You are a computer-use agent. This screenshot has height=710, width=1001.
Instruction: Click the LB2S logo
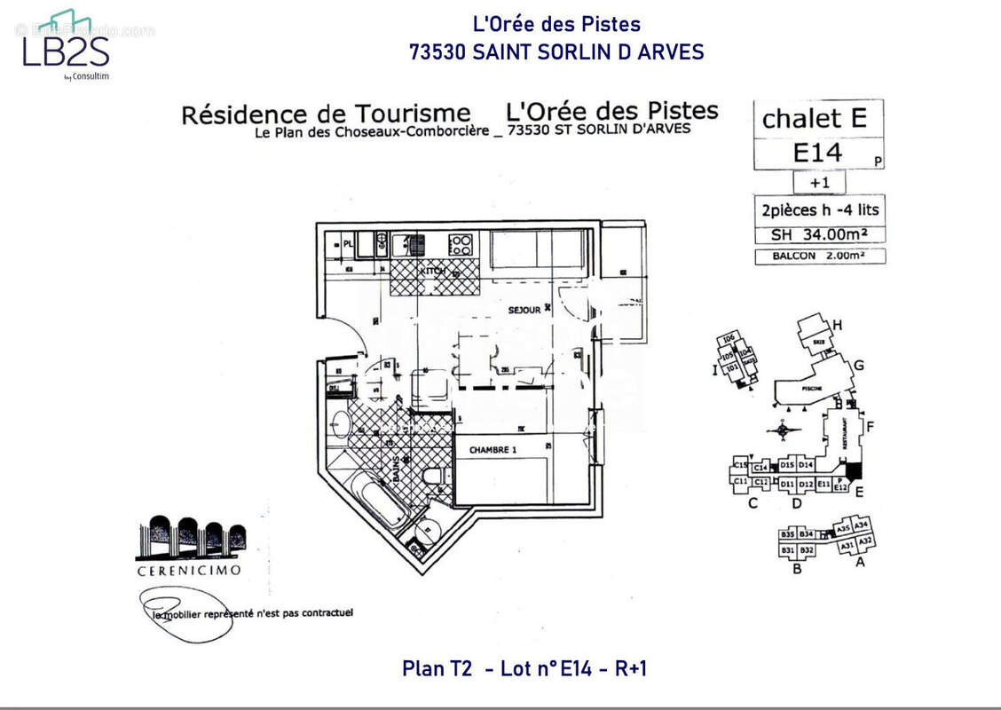[67, 46]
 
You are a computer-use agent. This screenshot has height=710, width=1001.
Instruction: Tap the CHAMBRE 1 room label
[493, 449]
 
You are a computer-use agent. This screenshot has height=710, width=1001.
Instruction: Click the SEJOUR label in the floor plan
[524, 310]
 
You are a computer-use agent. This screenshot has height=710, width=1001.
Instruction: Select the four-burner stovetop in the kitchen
[461, 244]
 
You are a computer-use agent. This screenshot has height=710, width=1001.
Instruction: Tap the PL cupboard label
[349, 241]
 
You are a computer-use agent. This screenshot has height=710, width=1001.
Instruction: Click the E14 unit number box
[817, 153]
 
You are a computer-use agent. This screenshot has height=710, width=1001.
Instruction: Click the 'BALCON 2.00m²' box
[819, 256]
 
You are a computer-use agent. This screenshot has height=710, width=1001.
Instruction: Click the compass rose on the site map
[783, 432]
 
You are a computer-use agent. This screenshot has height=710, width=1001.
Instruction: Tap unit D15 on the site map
[786, 465]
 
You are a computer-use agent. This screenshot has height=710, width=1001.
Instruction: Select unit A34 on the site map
[861, 525]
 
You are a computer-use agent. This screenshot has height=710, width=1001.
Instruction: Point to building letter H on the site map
[837, 325]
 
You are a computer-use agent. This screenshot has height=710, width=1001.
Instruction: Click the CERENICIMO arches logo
[190, 537]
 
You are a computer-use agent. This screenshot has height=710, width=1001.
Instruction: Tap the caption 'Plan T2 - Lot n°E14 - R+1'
[524, 668]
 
